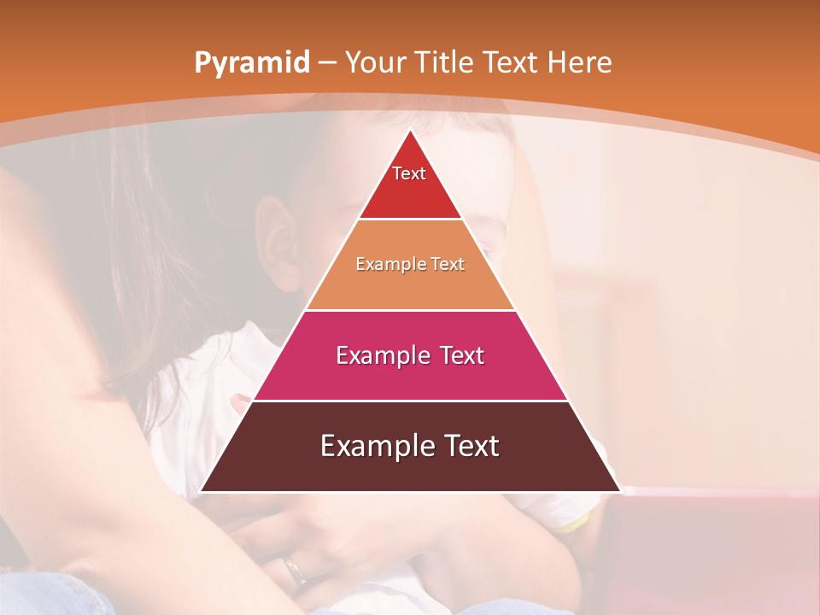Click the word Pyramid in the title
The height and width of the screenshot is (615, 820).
[252, 62]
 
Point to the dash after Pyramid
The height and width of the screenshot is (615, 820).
[326, 63]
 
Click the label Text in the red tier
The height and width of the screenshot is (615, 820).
[409, 173]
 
